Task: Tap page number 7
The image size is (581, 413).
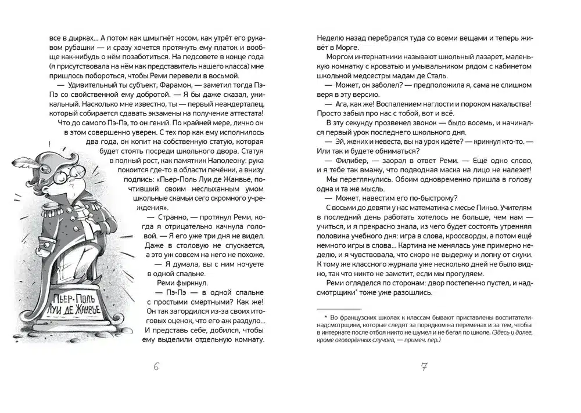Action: (x=423, y=367)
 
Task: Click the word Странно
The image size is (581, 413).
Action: (x=168, y=216)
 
